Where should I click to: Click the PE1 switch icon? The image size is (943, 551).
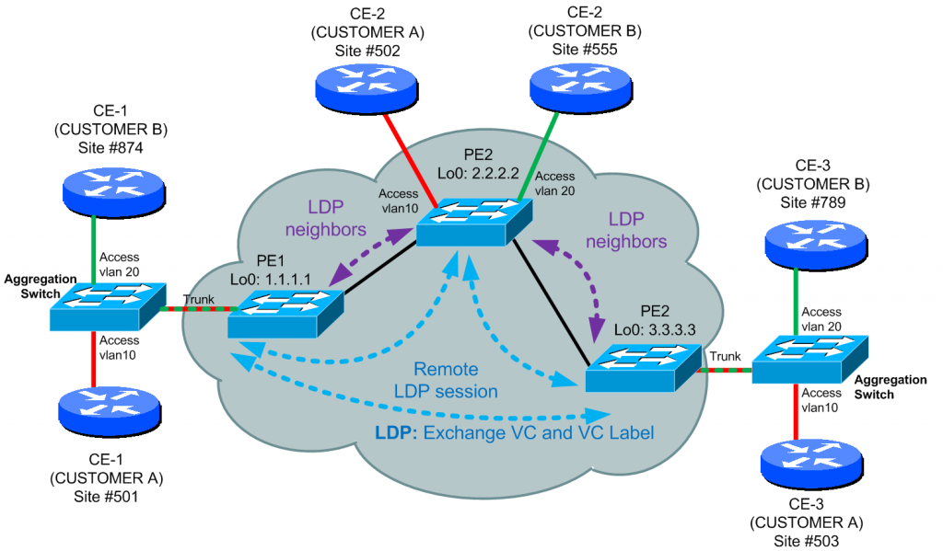coord(285,313)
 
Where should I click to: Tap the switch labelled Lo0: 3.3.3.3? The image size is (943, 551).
coord(643,367)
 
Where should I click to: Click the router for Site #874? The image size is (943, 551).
coord(115,189)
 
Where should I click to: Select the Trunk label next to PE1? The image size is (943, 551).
coord(198,300)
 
